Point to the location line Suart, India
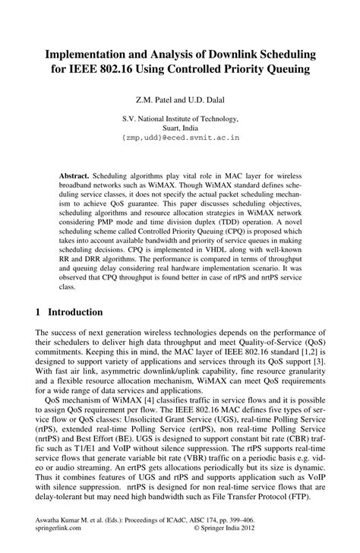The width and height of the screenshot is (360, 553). [x=180, y=128]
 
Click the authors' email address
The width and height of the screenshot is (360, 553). [x=180, y=138]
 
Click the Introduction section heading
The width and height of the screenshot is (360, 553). [x=75, y=312]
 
